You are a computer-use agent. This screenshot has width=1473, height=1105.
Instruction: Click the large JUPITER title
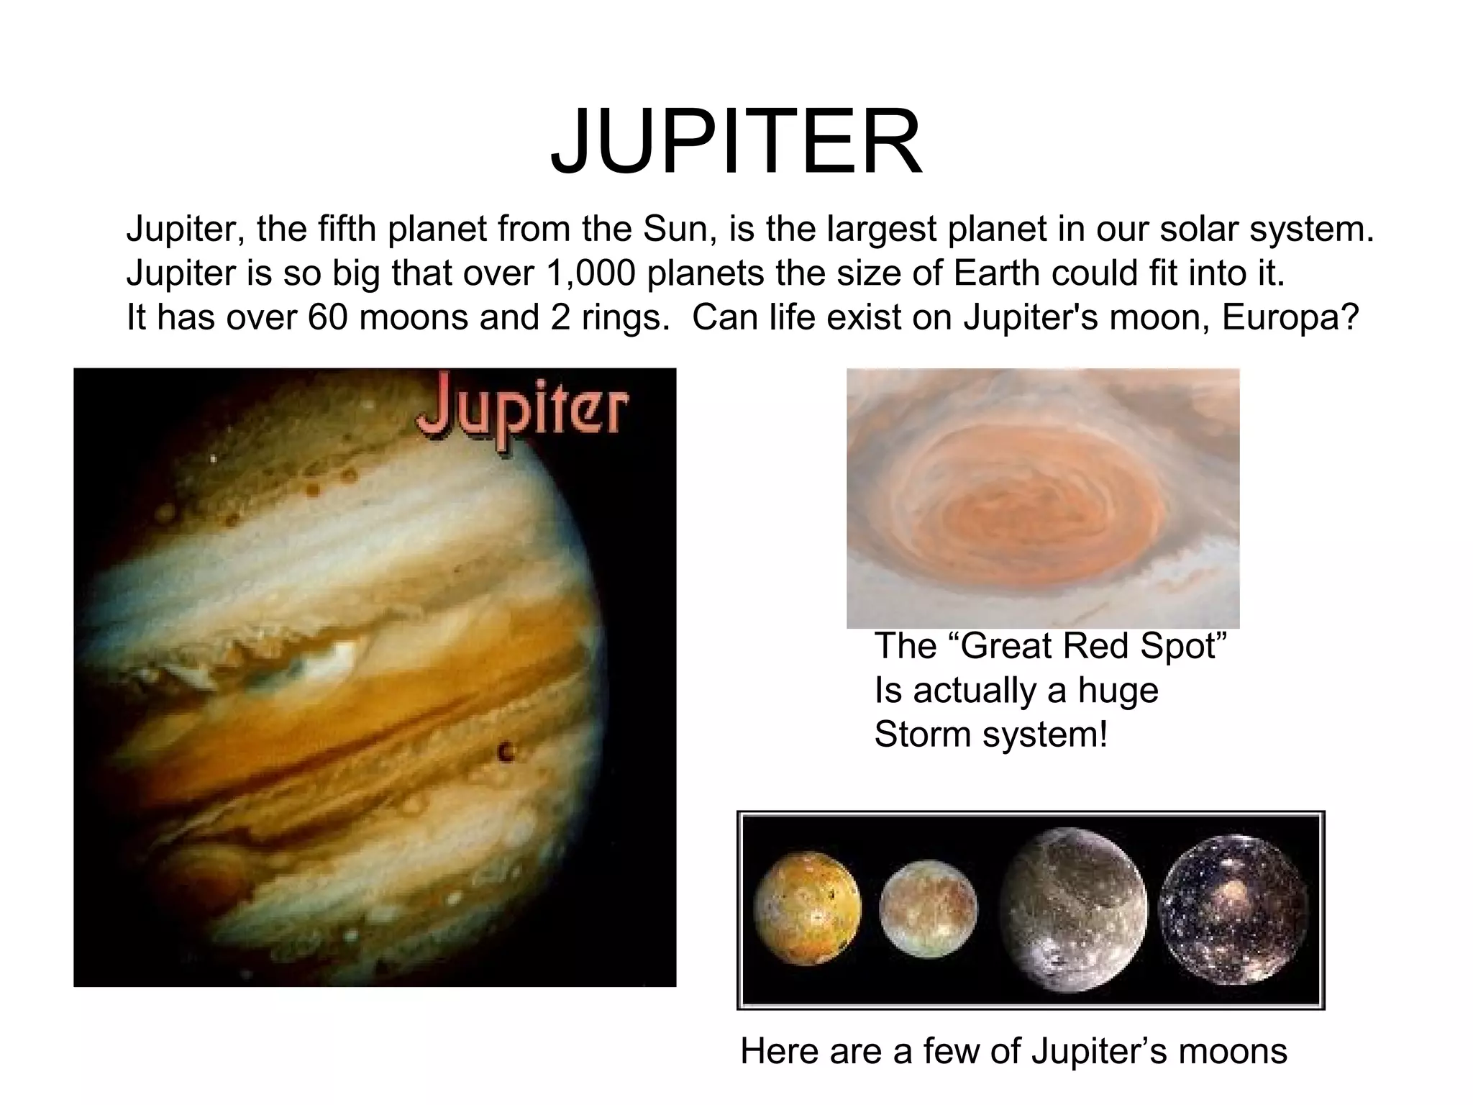click(736, 142)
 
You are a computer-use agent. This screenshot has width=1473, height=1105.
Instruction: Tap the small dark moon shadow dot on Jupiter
click(506, 752)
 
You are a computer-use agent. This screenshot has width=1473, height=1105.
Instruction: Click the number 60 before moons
click(328, 317)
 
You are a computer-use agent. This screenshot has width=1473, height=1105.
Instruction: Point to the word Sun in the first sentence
click(678, 229)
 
